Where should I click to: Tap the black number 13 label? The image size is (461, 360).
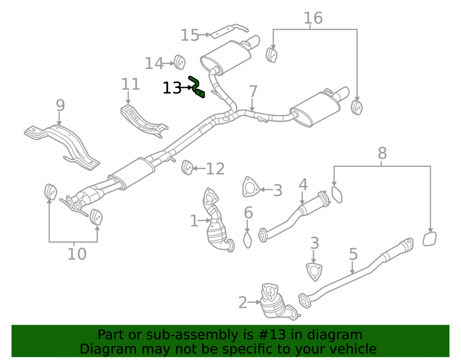point(172,88)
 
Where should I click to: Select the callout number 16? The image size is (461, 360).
point(313,18)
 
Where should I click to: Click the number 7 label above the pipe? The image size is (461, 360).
point(253,91)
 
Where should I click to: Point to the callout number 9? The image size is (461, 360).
point(60,106)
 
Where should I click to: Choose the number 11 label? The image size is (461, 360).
point(130,84)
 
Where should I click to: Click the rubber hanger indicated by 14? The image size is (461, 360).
point(179,62)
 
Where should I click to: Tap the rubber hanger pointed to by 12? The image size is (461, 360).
point(188,167)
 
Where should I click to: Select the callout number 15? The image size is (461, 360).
point(189,35)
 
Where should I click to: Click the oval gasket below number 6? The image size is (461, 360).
point(248,241)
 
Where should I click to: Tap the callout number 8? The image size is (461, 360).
point(382,153)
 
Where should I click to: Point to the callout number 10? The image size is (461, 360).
point(77,254)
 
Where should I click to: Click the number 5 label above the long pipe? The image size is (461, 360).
point(353,254)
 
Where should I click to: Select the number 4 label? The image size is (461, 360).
point(303,185)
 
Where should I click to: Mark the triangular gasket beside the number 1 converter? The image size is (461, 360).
point(250,187)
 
